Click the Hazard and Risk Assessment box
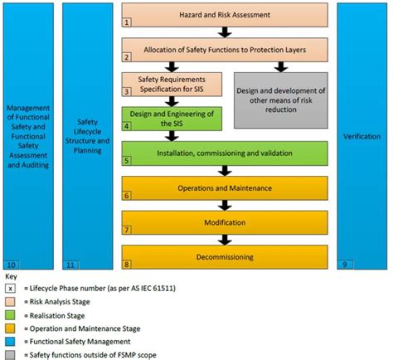(225, 15)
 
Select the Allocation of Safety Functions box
(225, 50)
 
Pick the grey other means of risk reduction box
(281, 100)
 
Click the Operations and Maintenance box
(225, 188)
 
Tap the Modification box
(225, 223)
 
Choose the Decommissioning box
(225, 257)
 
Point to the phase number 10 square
(11, 265)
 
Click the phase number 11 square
(70, 265)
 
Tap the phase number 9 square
(344, 265)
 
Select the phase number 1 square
(128, 23)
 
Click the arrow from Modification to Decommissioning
(223, 240)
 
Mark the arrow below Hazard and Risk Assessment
(223, 32)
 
